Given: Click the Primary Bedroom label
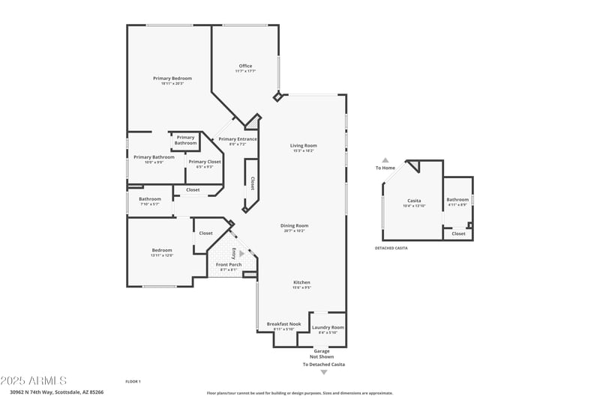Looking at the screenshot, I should (172, 79).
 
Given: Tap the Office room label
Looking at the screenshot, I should (245, 66).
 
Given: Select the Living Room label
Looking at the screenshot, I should (304, 145).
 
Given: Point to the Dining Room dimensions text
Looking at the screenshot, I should (295, 231).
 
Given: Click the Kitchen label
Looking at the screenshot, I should (301, 282).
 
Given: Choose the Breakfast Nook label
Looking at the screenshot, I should (284, 324).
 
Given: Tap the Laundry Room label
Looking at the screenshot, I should (328, 327).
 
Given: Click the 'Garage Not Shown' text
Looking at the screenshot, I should (322, 353).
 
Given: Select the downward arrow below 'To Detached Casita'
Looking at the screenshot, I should (324, 372).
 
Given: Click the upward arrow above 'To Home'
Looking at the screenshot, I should (385, 160).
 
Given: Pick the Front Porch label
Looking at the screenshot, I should (228, 264).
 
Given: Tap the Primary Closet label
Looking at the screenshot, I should (204, 162).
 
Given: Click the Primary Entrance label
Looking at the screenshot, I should (238, 139).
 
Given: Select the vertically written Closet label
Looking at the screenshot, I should (252, 183).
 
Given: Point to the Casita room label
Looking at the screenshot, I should (414, 201).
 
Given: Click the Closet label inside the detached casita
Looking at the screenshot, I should (458, 234).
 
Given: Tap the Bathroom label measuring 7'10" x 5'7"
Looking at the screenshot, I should (149, 199).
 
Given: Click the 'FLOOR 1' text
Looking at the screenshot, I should (133, 382).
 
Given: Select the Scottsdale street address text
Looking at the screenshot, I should (56, 392).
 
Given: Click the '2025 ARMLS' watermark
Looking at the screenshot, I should (34, 380).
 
